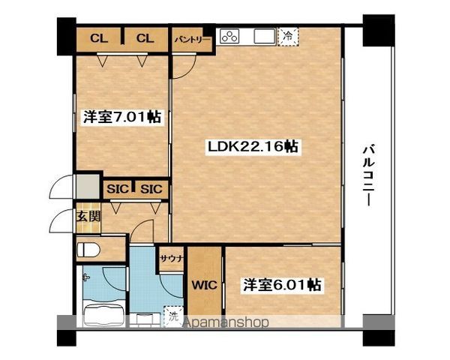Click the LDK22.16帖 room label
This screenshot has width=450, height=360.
(x=253, y=147)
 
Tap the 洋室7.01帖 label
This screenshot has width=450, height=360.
(x=122, y=117)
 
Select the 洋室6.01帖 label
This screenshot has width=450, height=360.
(x=283, y=285)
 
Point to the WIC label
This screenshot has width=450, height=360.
(x=204, y=285)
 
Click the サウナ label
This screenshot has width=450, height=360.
(x=172, y=258)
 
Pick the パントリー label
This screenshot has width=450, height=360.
(x=193, y=39)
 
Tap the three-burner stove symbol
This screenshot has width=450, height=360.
(x=229, y=37)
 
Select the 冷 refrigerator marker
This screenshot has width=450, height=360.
(x=288, y=36)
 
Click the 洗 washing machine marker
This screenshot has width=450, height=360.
(x=173, y=317)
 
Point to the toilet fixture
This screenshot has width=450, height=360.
(x=88, y=250)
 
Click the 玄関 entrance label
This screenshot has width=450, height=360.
(x=88, y=217)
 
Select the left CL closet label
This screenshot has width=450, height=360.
(x=99, y=38)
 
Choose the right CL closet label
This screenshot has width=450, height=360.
(x=145, y=38)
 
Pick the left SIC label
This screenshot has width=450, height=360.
(x=118, y=189)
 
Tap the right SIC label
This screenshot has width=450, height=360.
(x=151, y=189)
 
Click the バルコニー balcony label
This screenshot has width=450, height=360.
(x=369, y=175)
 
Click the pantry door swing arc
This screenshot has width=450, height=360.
(x=190, y=73)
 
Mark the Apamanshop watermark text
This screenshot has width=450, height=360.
(x=226, y=322)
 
